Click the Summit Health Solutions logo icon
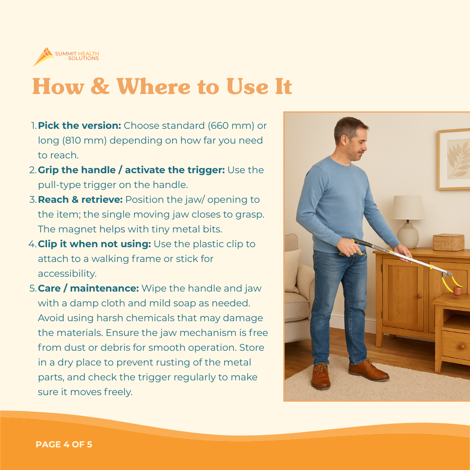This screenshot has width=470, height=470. [44, 57]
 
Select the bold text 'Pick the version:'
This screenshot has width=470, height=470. [79, 126]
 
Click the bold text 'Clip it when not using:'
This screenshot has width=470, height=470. [94, 244]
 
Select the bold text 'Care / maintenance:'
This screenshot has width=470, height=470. [88, 289]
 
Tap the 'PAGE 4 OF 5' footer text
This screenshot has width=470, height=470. [64, 444]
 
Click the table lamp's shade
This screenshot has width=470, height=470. [408, 208]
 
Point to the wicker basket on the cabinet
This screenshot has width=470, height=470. [448, 242]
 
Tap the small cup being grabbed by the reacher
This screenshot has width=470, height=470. [457, 291]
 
